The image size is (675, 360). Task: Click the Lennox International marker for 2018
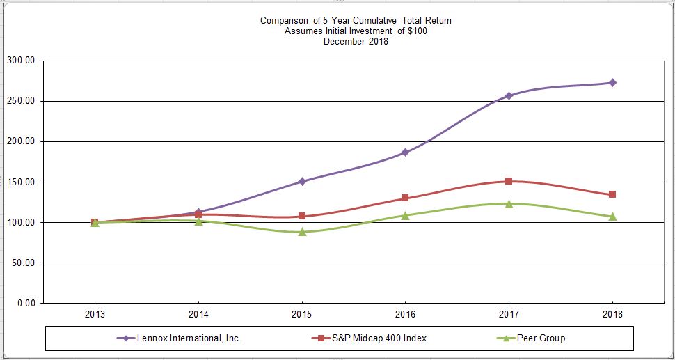(x=612, y=83)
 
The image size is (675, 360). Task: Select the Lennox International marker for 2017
(x=509, y=95)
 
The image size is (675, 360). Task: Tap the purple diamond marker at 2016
(x=405, y=152)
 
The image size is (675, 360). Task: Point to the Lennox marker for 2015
(x=302, y=181)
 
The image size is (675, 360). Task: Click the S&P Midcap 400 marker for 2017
(x=509, y=181)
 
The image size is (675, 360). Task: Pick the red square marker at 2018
(x=612, y=194)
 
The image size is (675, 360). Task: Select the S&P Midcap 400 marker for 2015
(x=302, y=216)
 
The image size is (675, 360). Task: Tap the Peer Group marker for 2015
(x=302, y=231)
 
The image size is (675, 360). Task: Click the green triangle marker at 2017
(x=509, y=203)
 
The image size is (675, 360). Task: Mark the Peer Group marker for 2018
(x=612, y=217)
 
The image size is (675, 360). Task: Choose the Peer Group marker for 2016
(x=405, y=215)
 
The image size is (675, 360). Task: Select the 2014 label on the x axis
(x=198, y=315)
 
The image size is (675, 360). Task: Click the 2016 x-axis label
(x=405, y=315)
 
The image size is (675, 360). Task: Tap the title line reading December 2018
(x=356, y=42)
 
